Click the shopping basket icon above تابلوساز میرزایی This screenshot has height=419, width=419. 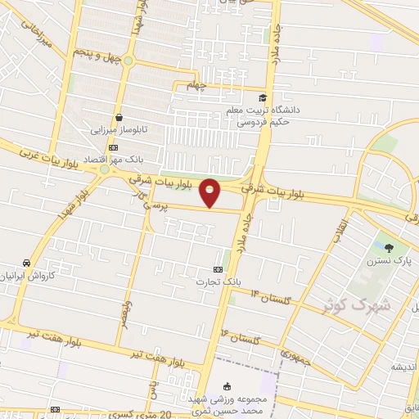pyautogui.click(x=120, y=117)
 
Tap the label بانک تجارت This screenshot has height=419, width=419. pyautogui.click(x=213, y=282)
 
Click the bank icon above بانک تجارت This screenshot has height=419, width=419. pyautogui.click(x=218, y=268)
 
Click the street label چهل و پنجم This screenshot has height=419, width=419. pyautogui.click(x=96, y=56)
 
